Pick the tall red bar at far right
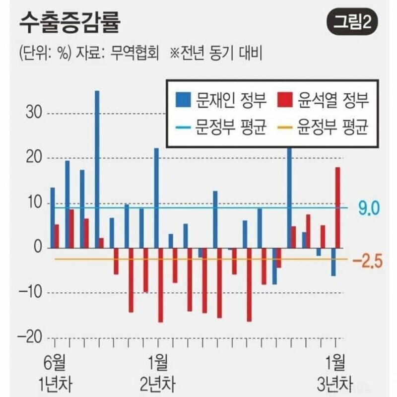(x=337, y=207)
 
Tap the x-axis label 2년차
(x=158, y=384)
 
